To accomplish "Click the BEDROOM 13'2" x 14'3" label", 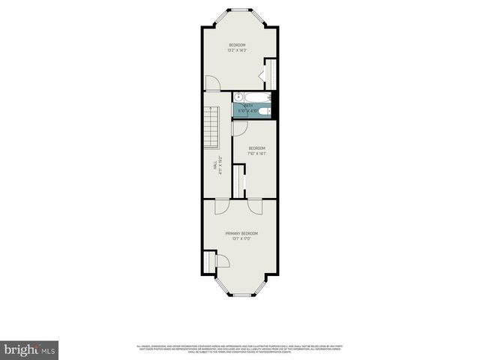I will (x=237, y=47).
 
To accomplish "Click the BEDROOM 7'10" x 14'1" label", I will (x=257, y=151).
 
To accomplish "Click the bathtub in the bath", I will (x=250, y=110).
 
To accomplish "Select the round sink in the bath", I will (x=238, y=96).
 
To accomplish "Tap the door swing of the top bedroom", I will (x=213, y=83).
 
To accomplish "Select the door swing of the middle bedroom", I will (x=239, y=128).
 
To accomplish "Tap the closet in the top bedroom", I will (x=270, y=75).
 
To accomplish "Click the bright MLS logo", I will (x=29, y=349).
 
